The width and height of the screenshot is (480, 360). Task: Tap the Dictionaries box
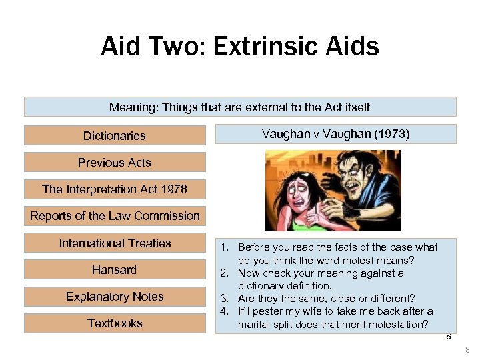coord(115,136)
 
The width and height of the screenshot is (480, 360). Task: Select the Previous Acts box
coord(115,163)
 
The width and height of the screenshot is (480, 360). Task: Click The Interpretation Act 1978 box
coord(115,189)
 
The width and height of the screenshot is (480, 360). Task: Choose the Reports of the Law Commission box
coord(115,216)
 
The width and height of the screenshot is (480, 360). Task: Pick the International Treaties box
coord(115,243)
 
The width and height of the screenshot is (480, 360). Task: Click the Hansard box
coord(115,270)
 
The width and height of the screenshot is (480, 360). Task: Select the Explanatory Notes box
coord(115,297)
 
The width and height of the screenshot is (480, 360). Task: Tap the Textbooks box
coord(115,323)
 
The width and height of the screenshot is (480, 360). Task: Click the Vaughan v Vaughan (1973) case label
coord(336,134)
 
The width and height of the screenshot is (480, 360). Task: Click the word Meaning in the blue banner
coord(131,107)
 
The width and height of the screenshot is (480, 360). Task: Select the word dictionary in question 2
coord(261,286)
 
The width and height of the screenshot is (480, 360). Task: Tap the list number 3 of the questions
coord(225,299)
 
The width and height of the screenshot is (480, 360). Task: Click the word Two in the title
coord(164,47)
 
